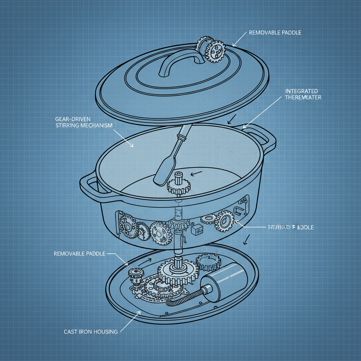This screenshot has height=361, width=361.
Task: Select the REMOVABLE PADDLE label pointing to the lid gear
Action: (275, 33)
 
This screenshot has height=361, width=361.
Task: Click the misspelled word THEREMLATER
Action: (303, 97)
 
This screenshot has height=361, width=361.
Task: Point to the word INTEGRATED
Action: (301, 91)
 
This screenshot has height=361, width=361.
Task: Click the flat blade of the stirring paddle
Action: (163, 171)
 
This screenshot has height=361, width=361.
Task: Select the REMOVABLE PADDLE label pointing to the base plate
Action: (79, 253)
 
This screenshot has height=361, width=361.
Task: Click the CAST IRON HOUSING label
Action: (91, 332)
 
